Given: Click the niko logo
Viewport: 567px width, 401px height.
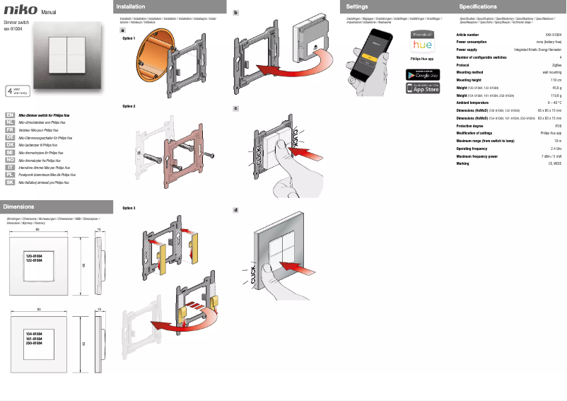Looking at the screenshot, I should tap(21, 10).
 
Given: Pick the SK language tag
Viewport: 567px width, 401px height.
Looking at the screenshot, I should tap(10, 182).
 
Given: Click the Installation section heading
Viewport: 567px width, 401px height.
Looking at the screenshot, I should tap(131, 6).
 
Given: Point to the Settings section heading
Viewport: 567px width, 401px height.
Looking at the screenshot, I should tap(357, 6).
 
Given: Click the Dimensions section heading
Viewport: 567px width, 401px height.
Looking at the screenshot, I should tap(19, 207).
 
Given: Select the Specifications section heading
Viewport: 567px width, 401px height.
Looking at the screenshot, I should tap(478, 6).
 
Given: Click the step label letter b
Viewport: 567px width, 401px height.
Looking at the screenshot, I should tap(235, 13).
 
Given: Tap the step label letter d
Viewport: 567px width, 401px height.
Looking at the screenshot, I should tap(235, 210).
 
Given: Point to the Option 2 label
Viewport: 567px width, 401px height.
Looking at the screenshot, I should tap(129, 105).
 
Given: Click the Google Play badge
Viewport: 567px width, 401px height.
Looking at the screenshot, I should tap(422, 74).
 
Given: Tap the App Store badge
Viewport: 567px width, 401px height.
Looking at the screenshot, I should tap(422, 88).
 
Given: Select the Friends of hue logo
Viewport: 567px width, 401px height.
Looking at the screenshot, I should tap(422, 40).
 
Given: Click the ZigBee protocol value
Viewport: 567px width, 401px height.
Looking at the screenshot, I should tap(556, 64).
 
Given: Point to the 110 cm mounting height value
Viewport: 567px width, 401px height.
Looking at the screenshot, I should tap(556, 80).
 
